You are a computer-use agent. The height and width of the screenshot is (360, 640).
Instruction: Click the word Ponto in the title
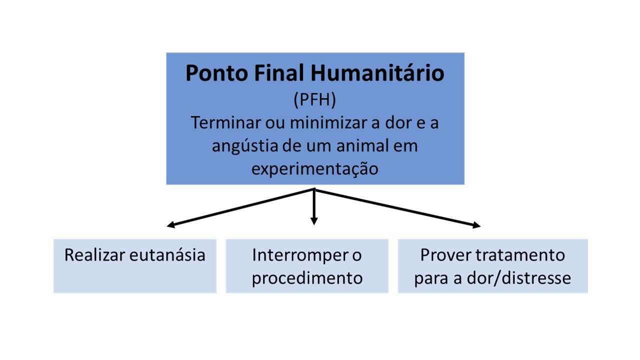point(217,73)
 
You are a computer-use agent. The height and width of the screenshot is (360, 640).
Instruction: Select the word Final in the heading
point(279,73)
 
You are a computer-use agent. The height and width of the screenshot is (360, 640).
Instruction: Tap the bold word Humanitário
point(377,73)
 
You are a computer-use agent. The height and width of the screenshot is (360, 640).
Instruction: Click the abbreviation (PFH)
point(315,99)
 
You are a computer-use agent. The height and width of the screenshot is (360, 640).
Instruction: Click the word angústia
point(245,146)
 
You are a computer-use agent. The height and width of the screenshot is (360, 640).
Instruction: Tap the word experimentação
point(315,169)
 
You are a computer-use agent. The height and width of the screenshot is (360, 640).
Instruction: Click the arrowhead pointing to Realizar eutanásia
point(170,225)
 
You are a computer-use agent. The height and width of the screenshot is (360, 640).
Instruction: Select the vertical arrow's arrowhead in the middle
point(314,221)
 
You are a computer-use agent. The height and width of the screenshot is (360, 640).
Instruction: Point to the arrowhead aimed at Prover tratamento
point(476,225)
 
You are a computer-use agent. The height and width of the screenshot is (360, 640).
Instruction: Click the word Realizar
point(95,255)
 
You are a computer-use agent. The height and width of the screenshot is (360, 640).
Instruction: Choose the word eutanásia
point(167,255)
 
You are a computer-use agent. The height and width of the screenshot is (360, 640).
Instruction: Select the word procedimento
point(307,278)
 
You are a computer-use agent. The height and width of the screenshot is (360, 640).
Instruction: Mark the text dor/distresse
point(519,278)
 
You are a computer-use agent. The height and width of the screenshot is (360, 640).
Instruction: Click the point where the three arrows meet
point(314,189)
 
